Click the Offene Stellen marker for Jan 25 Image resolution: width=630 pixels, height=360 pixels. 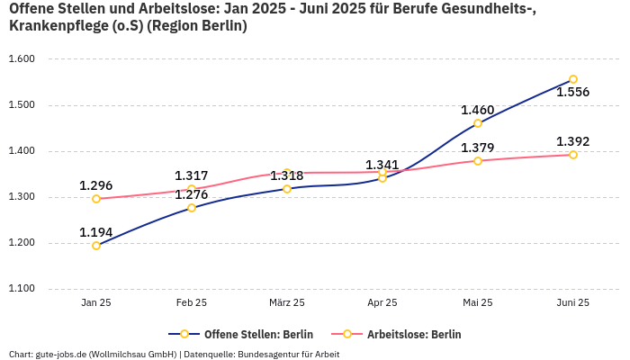pos(96,245)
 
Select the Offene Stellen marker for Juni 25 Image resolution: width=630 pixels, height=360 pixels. pos(573,79)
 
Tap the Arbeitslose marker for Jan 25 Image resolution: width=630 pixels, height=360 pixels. pos(96,199)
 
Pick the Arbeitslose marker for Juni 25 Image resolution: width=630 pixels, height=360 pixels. pos(573,155)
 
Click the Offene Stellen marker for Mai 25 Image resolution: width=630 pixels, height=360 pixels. pos(478,123)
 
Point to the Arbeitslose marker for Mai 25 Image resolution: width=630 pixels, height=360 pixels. pos(478,161)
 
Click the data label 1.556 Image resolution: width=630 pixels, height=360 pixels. pos(573,92)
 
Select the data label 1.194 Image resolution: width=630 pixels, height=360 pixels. pos(96,232)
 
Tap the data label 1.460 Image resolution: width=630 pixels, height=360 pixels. pos(478,111)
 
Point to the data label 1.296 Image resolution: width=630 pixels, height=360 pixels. pos(96,186)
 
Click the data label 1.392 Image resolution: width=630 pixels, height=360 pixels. pos(573,142)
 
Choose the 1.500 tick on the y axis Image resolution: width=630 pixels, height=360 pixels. pos(21,105)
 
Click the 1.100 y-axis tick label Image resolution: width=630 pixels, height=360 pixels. pos(21,289)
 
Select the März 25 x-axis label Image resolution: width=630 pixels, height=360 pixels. pos(287,303)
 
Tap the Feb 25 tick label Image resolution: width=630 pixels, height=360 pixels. pos(192,303)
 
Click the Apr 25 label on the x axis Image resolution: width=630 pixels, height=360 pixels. pos(382,303)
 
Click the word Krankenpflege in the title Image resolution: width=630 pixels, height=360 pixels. pos(50,26)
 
